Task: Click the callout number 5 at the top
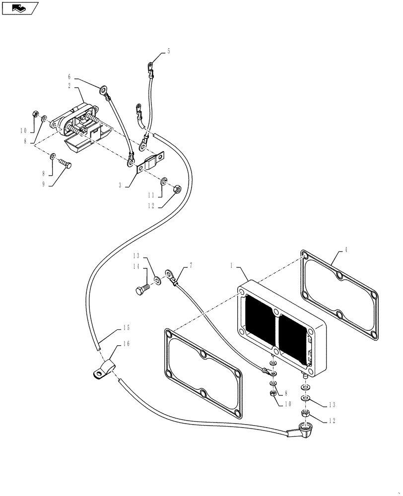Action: (x=169, y=51)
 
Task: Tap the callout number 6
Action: (x=70, y=77)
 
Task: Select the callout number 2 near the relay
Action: (x=70, y=85)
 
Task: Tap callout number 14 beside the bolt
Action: (x=135, y=266)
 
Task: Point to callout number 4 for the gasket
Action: (x=345, y=249)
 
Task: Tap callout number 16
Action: (x=126, y=344)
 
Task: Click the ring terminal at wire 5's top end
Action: (x=149, y=64)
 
